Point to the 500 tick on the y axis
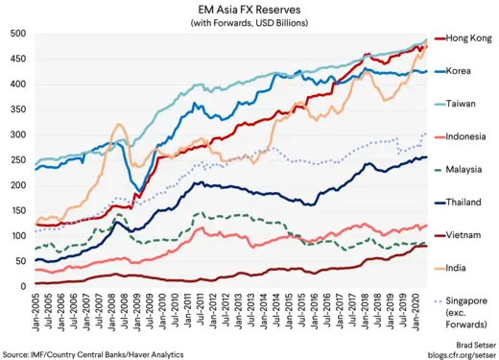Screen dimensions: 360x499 16,35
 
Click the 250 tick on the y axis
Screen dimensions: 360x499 16,160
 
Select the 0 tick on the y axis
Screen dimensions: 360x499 22,286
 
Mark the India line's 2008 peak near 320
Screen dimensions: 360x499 118,124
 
